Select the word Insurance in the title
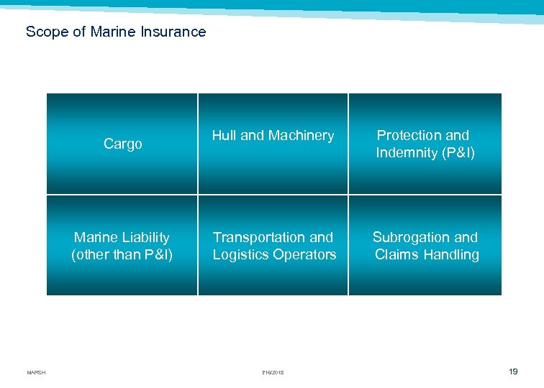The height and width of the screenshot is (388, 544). tap(173, 32)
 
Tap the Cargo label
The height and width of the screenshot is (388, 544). tap(123, 144)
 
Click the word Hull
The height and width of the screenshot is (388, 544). tap(224, 135)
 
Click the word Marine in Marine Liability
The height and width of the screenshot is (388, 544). tap(95, 237)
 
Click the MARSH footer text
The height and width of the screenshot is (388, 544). tap(36, 372)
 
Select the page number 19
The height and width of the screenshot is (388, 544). tap(512, 371)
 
